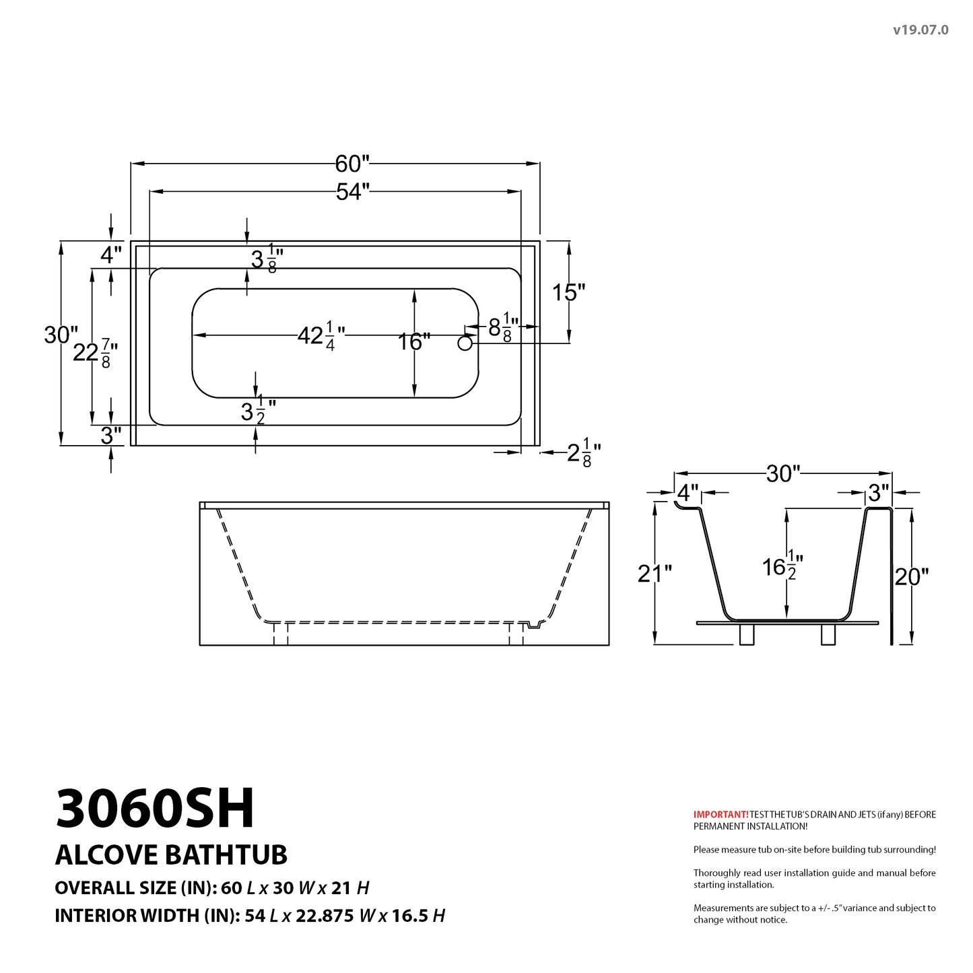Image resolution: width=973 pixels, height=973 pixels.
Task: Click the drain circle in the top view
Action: (x=465, y=343)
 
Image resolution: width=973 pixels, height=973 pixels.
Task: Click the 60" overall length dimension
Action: (x=352, y=164)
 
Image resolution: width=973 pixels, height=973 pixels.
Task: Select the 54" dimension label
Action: (x=352, y=192)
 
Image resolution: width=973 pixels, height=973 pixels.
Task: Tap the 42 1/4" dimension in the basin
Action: (x=321, y=336)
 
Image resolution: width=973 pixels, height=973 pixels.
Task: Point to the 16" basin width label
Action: (x=414, y=342)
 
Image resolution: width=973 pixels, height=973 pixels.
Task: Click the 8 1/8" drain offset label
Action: (x=503, y=328)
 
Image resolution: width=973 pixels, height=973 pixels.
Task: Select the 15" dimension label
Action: (x=568, y=292)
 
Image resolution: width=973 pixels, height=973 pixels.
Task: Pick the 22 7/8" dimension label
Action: (x=96, y=353)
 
